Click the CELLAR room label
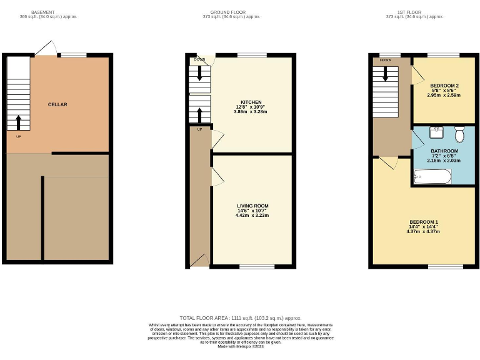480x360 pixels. coord(57,104)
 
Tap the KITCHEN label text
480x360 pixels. coord(251,102)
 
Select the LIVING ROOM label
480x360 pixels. coord(252,206)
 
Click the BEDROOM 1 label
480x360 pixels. coord(423,222)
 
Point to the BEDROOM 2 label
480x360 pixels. coord(444,85)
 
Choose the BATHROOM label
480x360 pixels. coord(444,151)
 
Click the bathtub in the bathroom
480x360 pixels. coord(431,178)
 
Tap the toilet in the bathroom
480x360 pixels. coord(459,134)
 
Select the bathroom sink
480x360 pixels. coord(437,132)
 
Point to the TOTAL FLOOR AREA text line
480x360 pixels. coord(240,318)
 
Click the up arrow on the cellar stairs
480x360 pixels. coord(18,121)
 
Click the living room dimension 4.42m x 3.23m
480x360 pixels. coord(252,216)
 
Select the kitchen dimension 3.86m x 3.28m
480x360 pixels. coord(251,112)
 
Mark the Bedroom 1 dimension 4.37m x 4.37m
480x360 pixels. coord(423,231)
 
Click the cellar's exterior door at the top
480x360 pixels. coord(44,49)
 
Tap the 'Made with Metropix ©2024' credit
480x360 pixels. coord(240,346)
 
